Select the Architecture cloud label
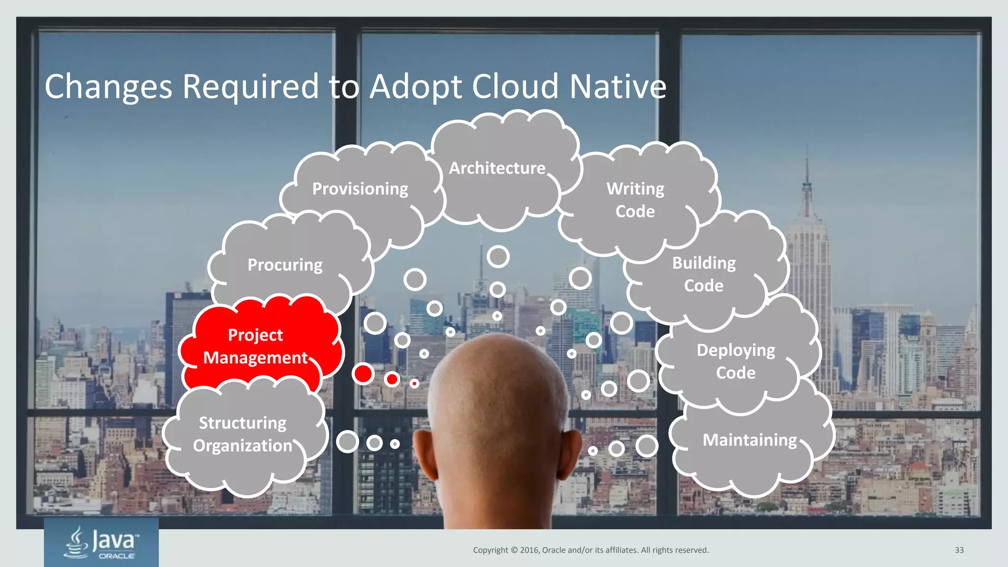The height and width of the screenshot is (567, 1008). (x=497, y=168)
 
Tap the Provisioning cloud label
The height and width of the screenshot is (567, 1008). (x=360, y=189)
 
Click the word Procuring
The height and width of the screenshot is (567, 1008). (x=285, y=265)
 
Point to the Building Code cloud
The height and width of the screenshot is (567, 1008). (x=704, y=274)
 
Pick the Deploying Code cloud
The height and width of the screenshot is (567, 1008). (x=736, y=361)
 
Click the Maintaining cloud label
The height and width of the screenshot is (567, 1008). (x=750, y=440)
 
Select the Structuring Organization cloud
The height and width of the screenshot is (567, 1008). (x=243, y=434)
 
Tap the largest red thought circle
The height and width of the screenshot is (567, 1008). (x=363, y=374)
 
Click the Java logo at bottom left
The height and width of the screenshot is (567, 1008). (x=101, y=542)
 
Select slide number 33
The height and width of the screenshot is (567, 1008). (x=959, y=550)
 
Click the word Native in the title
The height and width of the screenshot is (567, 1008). (x=618, y=87)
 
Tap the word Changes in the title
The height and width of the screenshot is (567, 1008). (x=108, y=87)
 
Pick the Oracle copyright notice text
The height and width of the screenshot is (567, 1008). (x=591, y=550)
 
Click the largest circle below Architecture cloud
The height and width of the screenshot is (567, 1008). (x=498, y=256)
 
